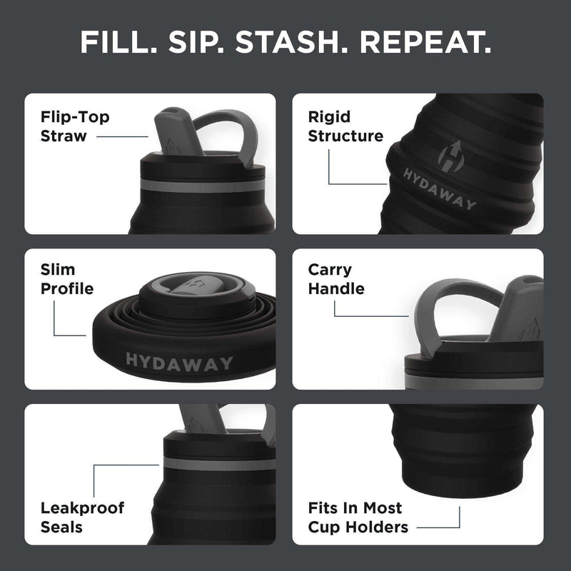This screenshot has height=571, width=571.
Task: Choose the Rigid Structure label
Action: pyautogui.click(x=345, y=126)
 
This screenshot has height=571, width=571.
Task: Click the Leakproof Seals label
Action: pyautogui.click(x=83, y=517)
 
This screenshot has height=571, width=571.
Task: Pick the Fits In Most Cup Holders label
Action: pyautogui.click(x=358, y=517)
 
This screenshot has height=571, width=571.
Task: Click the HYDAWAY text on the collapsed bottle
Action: pyautogui.click(x=179, y=362)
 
